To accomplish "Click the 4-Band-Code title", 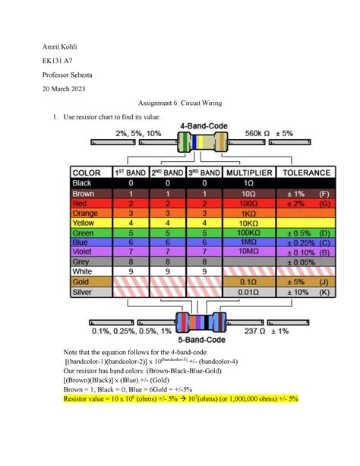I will click(201, 125).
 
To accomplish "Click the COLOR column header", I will click(90, 172).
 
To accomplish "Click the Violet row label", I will click(82, 251).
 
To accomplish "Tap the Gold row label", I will click(80, 281).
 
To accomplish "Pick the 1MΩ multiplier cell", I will click(248, 241).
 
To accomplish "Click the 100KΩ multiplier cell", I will click(248, 231).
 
